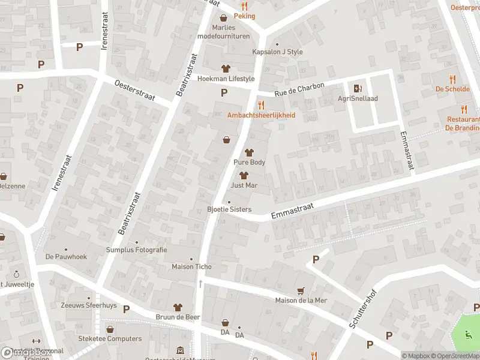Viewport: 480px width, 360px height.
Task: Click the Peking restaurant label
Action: point(244,16)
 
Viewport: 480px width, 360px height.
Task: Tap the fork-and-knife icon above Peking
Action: point(244,5)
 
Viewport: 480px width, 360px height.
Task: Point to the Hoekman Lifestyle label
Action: point(226,79)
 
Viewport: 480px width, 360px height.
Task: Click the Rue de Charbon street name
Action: point(299,90)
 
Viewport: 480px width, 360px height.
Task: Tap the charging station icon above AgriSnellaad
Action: point(358,88)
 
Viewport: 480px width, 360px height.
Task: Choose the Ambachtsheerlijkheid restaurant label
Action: point(261,115)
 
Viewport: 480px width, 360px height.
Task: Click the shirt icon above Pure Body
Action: point(249,152)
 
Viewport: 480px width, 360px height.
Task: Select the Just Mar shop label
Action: point(244,185)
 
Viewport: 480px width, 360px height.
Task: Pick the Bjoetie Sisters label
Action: point(229,209)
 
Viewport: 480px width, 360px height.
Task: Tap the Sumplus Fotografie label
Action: point(136,250)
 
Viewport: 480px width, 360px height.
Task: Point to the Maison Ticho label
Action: point(191,266)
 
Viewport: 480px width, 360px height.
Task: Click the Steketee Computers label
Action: point(110,338)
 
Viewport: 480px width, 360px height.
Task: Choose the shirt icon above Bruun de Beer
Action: point(178,307)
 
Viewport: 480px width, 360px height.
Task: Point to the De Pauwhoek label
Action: point(66,256)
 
